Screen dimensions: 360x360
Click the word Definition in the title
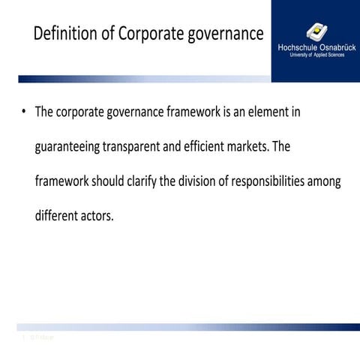pyautogui.click(x=64, y=34)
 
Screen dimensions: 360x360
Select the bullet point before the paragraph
pyautogui.click(x=24, y=112)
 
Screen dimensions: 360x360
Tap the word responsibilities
pyautogui.click(x=277, y=181)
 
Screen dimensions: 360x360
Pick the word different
pyautogui.click(x=58, y=216)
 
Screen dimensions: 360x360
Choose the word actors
pyautogui.click(x=99, y=216)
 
